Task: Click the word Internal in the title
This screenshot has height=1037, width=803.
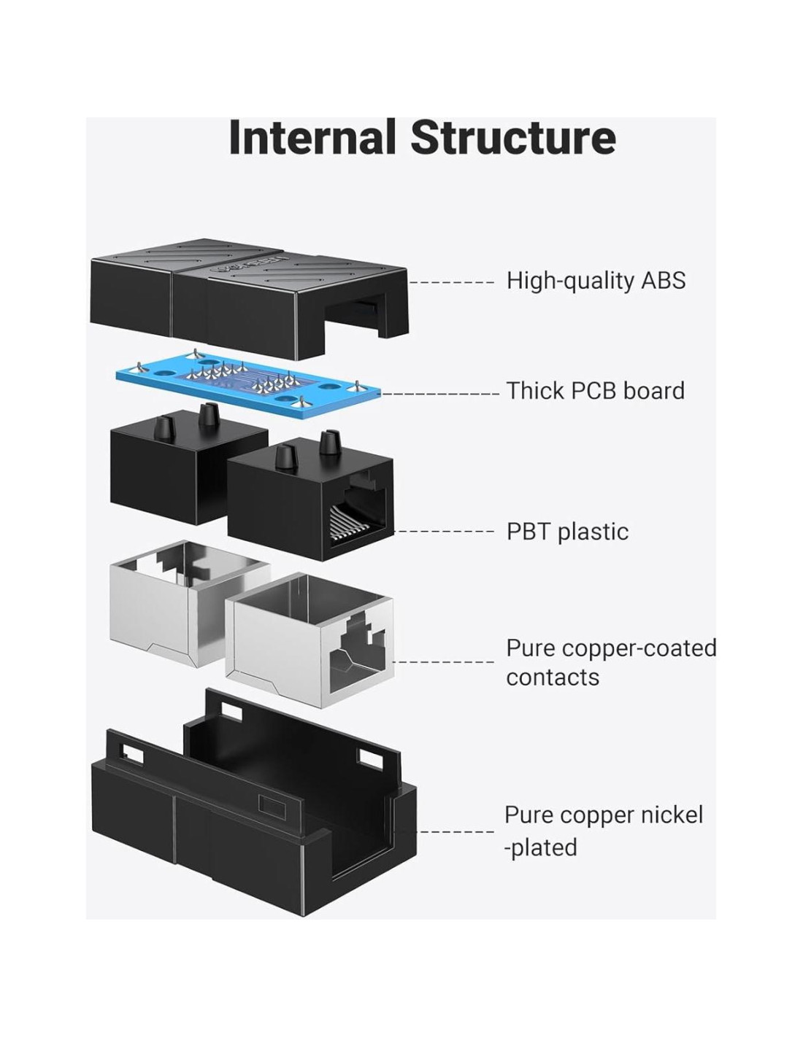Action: point(312,138)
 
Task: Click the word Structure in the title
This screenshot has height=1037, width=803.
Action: point(512,138)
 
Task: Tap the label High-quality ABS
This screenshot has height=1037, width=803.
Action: point(596,281)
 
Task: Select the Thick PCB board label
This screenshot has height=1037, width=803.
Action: point(596,391)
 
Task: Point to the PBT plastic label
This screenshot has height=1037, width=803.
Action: point(567,532)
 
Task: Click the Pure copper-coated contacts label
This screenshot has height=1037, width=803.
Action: point(610,662)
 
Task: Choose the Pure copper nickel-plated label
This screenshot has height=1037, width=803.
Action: point(603,831)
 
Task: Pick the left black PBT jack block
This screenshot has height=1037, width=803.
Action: point(168,467)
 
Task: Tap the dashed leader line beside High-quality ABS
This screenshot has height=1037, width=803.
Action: point(453,281)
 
